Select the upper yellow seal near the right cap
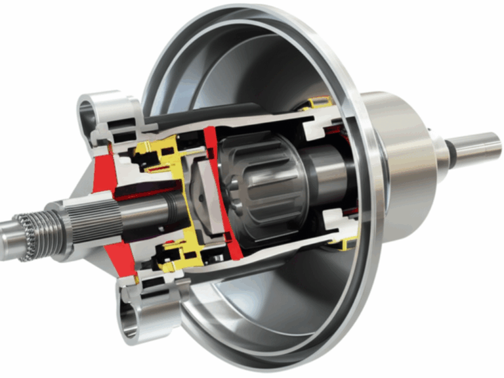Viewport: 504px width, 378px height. coord(318,102)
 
